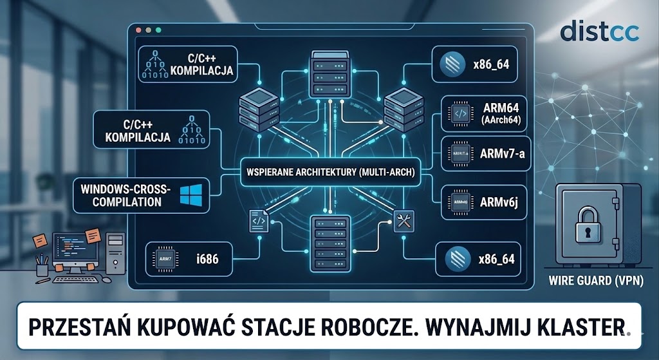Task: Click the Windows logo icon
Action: coord(191,193)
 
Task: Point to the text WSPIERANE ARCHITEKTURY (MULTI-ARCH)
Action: coord(328,173)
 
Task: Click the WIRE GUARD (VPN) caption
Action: coord(596,281)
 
